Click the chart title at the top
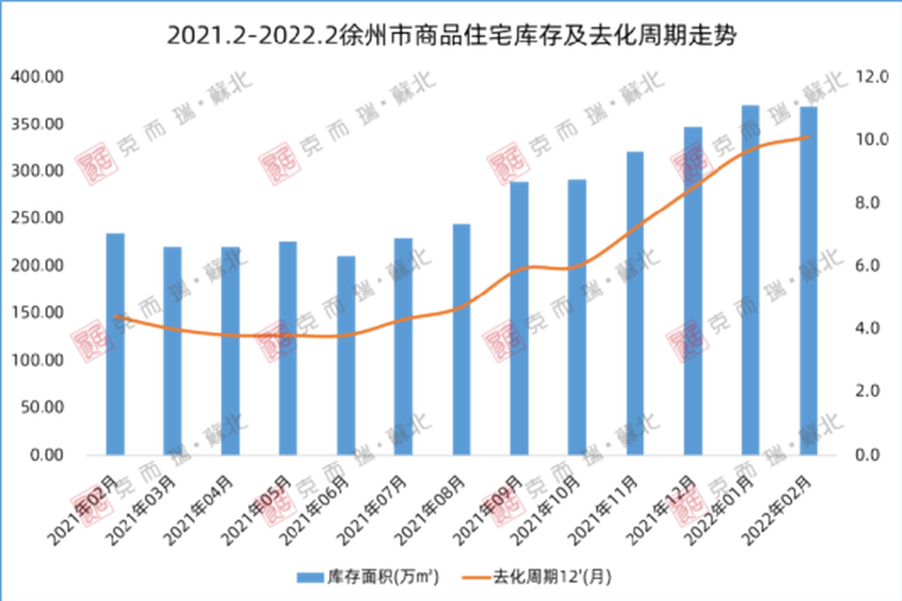coord(451,37)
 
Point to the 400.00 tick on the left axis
coord(36,76)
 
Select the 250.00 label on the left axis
coord(36,218)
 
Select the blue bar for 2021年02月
coord(115,343)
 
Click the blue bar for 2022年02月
coord(807,280)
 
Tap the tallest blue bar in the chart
coord(750,278)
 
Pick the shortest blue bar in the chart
coord(346,354)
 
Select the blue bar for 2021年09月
coord(519,317)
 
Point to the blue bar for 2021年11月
coord(634,301)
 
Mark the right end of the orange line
coord(807,139)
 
